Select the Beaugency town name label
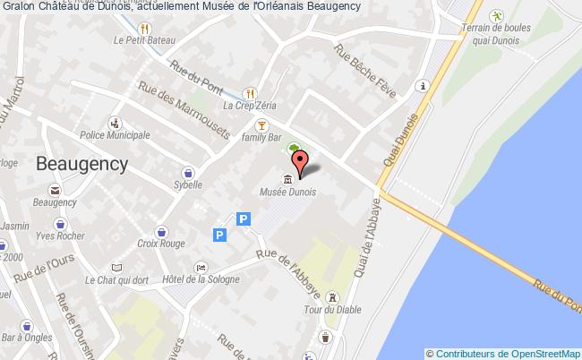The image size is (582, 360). tap(82, 164)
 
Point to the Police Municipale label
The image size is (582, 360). tap(115, 135)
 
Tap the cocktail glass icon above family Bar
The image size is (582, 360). tap(261, 124)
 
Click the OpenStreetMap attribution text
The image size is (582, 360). tap(503, 353)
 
